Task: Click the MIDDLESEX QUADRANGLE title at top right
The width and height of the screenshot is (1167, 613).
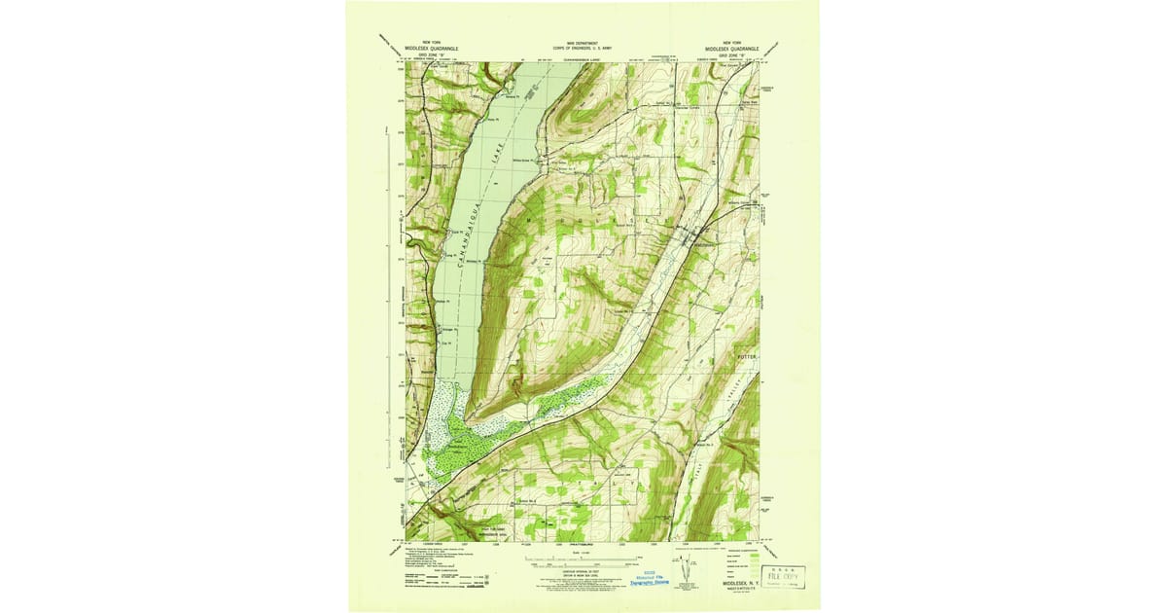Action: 736,47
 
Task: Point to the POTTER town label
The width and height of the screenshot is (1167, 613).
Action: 746,357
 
